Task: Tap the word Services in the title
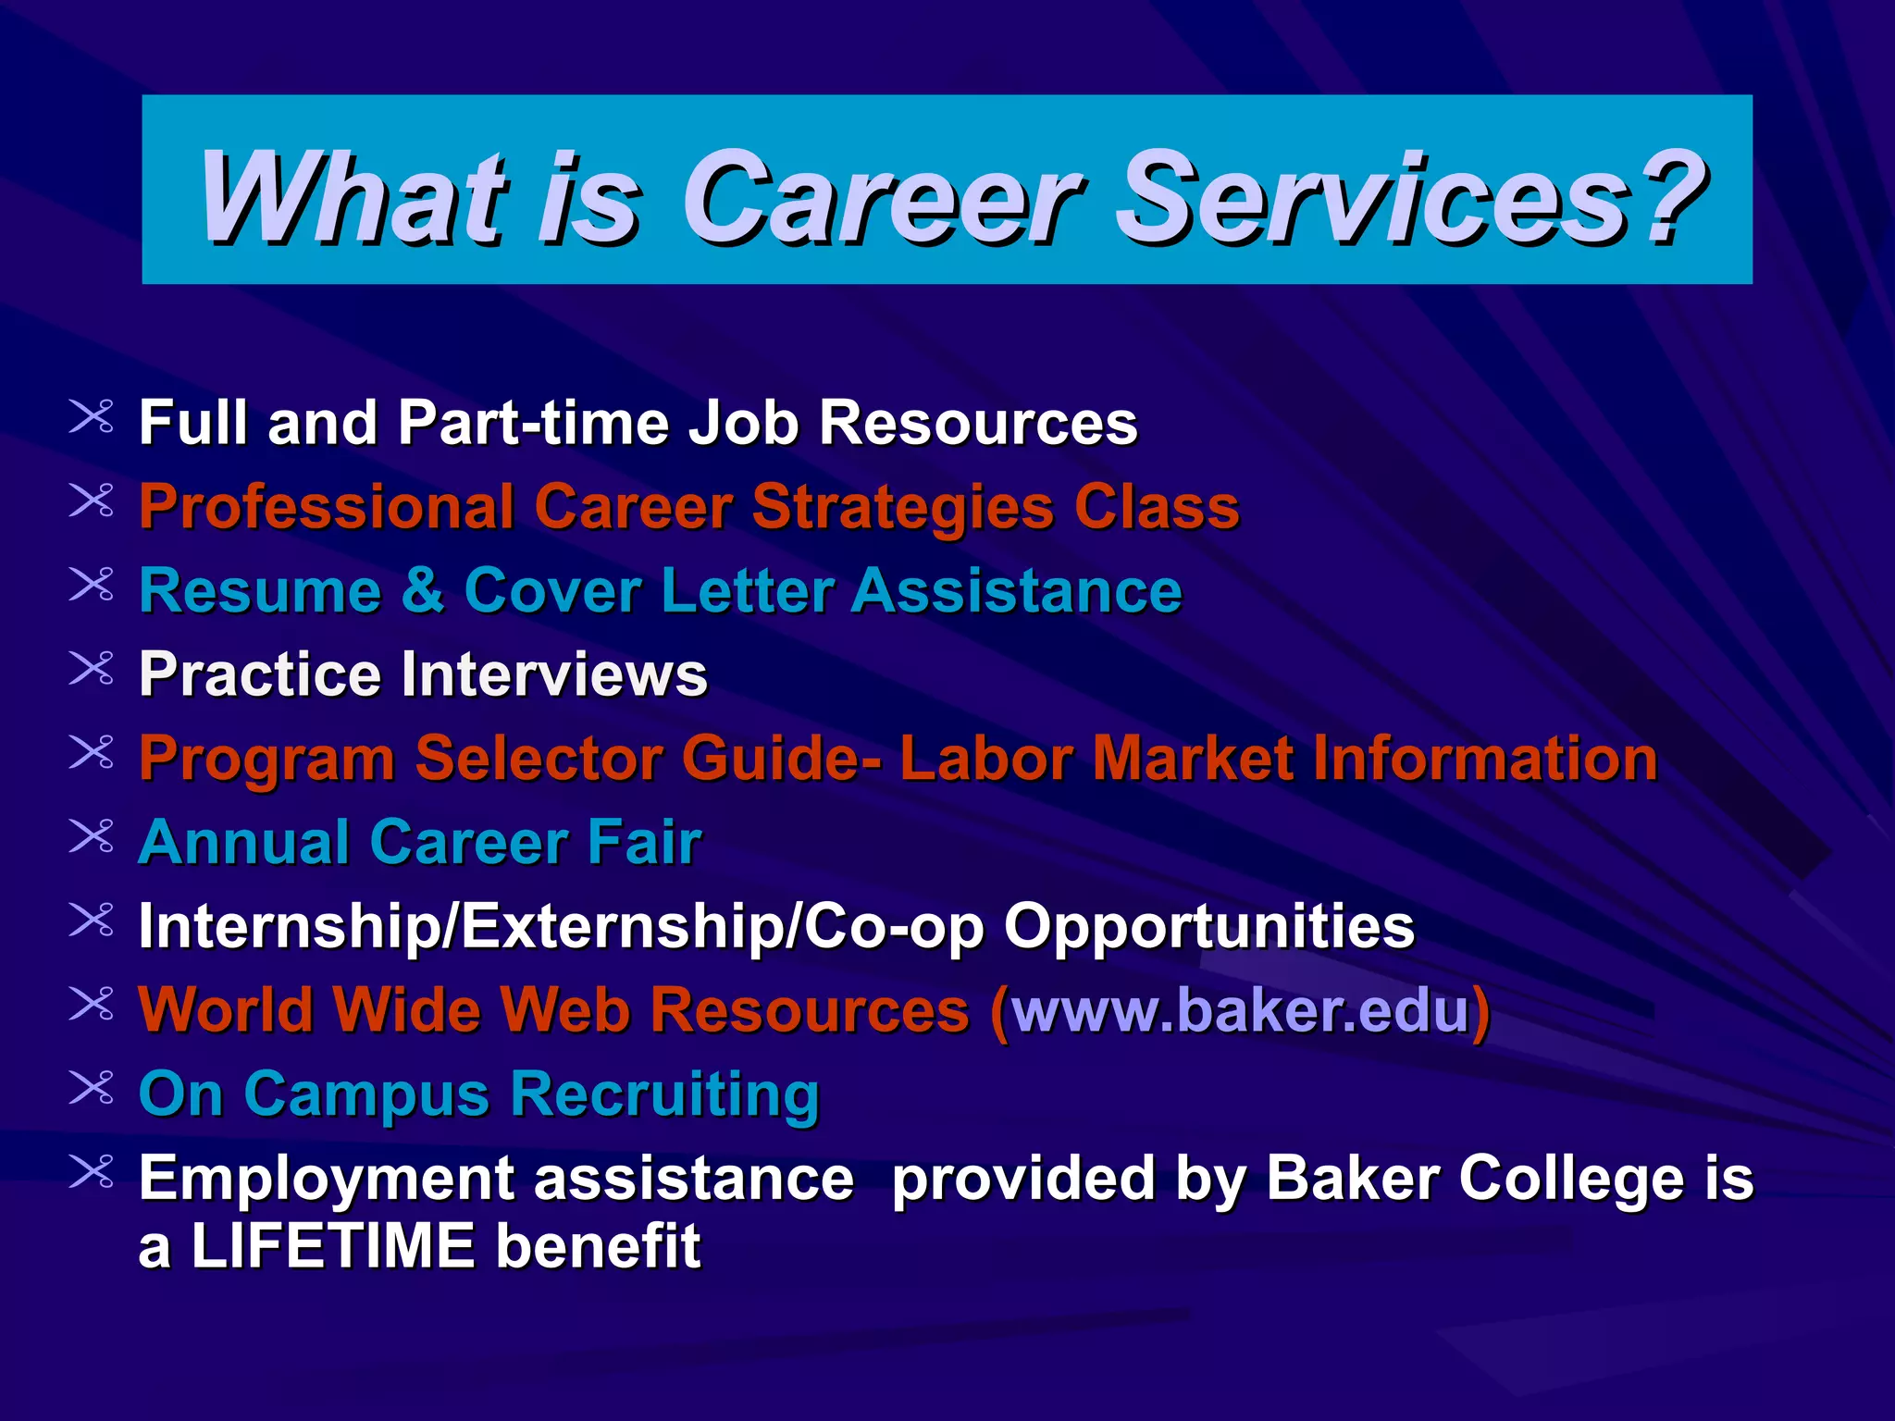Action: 1369,198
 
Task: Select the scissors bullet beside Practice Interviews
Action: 92,669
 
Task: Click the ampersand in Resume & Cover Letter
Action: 422,590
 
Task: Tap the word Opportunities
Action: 1208,927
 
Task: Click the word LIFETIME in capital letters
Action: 333,1246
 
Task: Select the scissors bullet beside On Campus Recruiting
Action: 92,1088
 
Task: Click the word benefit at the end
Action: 598,1246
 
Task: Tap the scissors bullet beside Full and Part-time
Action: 92,417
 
